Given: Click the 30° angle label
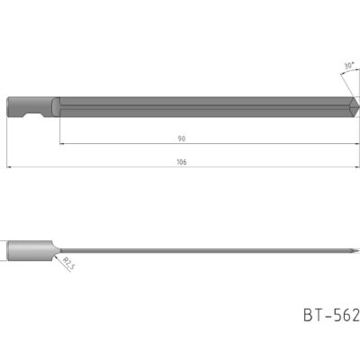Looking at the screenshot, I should click(347, 66).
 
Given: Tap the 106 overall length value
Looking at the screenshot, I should click(184, 163).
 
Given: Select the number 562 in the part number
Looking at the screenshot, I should click(346, 315).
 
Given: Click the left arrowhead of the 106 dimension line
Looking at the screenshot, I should click(10, 167).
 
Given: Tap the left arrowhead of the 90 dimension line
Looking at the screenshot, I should click(62, 144).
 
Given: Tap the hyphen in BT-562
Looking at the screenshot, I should click(330, 316).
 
